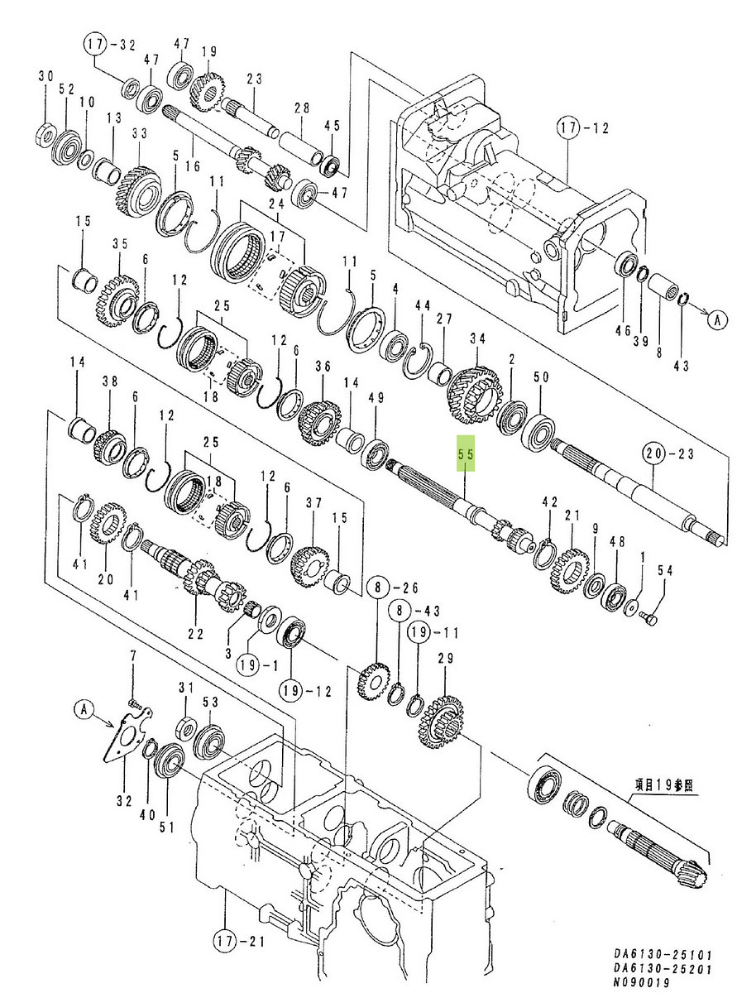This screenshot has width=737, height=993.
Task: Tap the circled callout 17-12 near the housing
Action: click(x=582, y=129)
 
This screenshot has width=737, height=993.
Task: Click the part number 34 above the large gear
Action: click(x=476, y=338)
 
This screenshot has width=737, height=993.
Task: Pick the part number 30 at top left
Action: click(x=46, y=77)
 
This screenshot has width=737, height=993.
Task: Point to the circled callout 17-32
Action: click(x=109, y=43)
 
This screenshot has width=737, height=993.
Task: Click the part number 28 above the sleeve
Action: click(x=301, y=108)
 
